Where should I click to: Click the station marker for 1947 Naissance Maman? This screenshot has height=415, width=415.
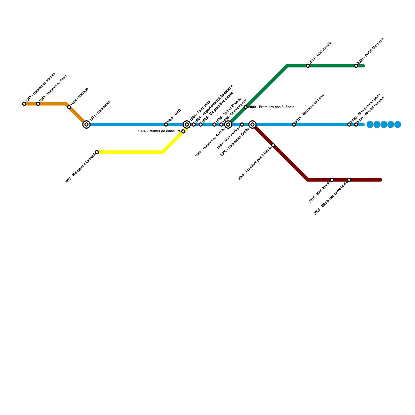(24, 104)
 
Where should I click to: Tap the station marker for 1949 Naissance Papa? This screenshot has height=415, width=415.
(38, 104)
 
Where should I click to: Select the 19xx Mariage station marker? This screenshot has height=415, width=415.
(69, 107)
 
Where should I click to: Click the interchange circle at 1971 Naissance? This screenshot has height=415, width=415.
(86, 125)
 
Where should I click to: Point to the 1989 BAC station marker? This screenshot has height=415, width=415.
(166, 125)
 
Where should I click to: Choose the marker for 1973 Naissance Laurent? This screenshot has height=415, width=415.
(97, 152)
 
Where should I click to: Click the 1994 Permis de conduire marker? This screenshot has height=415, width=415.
(183, 132)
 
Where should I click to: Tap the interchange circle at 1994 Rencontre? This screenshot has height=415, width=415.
(187, 125)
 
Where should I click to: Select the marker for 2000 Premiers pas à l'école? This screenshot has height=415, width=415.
(246, 107)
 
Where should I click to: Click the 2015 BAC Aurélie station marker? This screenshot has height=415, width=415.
(308, 66)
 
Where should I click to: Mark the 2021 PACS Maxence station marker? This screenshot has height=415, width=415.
(356, 66)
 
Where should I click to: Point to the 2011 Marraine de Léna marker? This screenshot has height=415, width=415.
(294, 125)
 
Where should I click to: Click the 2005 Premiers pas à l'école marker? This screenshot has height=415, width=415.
(273, 145)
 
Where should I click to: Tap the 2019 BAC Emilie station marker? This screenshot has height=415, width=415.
(332, 180)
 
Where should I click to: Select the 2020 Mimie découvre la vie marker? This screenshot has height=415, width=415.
(349, 180)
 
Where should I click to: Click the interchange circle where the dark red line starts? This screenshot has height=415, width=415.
(252, 125)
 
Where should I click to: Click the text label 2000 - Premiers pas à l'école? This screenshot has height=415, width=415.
(271, 107)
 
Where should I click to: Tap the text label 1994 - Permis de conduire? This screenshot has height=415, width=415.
(159, 131)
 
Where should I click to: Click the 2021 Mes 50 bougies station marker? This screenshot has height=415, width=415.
(356, 125)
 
